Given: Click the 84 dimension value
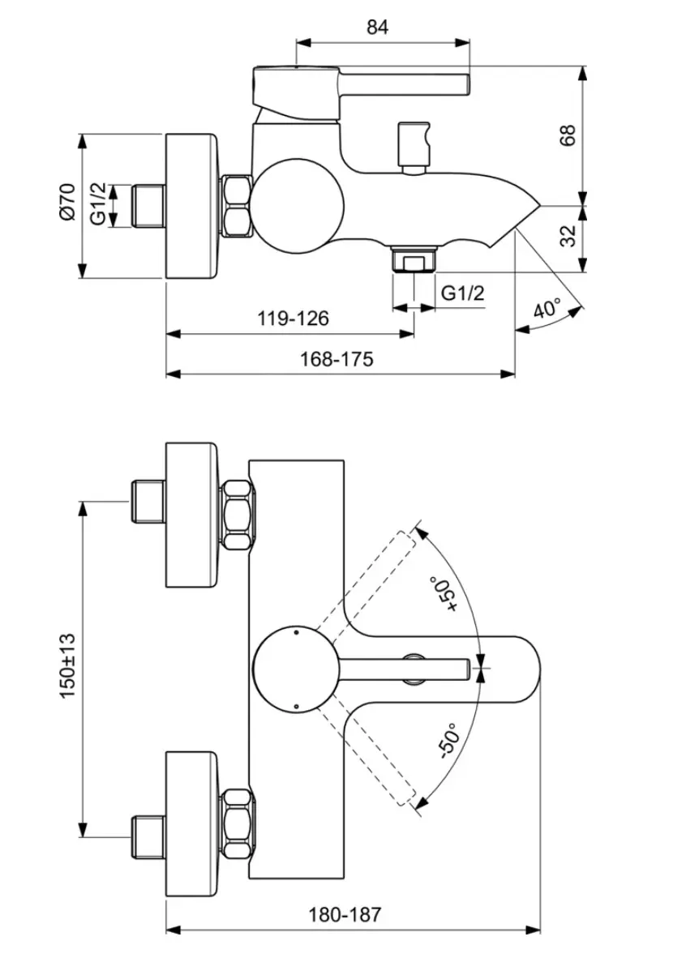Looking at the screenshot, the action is pos(377,27).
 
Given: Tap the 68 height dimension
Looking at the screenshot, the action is pos(567,135).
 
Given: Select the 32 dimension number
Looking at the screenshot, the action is pos(567,235).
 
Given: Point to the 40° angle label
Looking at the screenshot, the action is pos(547,310).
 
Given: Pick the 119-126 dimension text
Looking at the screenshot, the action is pos(293,318).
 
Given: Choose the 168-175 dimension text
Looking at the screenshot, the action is pos(336,359).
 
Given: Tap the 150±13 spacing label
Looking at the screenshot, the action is pos(67,665).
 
